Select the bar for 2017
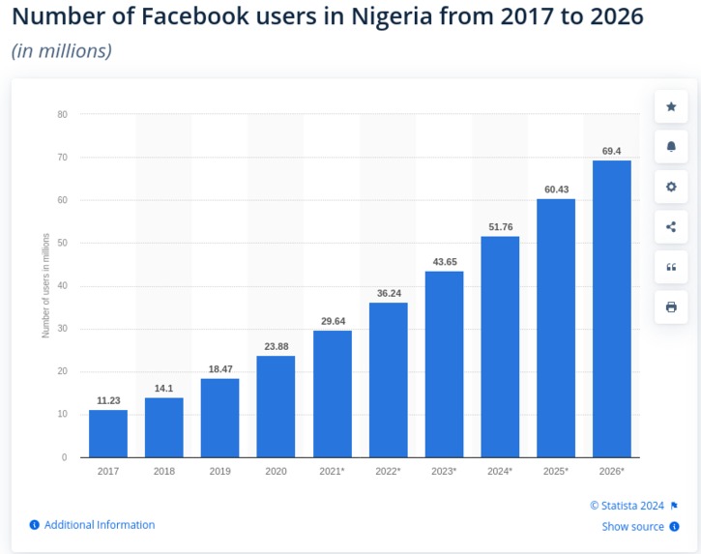[107, 433]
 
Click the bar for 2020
[276, 406]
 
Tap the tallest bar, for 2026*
[611, 308]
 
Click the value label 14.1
[163, 389]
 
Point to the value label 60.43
[556, 190]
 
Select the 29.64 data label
[332, 321]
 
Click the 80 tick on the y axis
[62, 114]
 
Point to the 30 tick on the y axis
[62, 329]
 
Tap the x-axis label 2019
[219, 471]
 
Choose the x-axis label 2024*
[499, 471]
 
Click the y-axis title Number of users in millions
[45, 285]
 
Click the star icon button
[671, 106]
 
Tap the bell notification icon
[671, 147]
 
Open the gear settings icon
[671, 187]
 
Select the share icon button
[671, 227]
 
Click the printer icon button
[671, 307]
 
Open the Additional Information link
[99, 525]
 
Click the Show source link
[632, 527]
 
